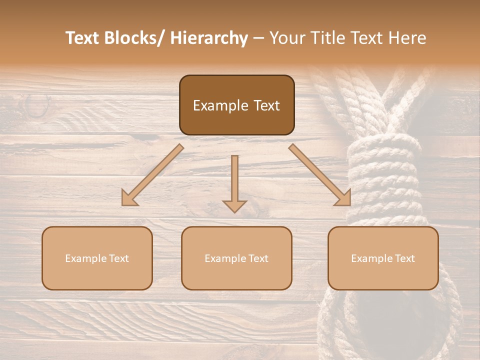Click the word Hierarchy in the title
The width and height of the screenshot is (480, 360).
209,38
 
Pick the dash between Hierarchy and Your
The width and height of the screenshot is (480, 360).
258,39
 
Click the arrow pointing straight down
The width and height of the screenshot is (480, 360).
234,182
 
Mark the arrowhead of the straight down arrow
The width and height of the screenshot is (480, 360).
234,205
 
